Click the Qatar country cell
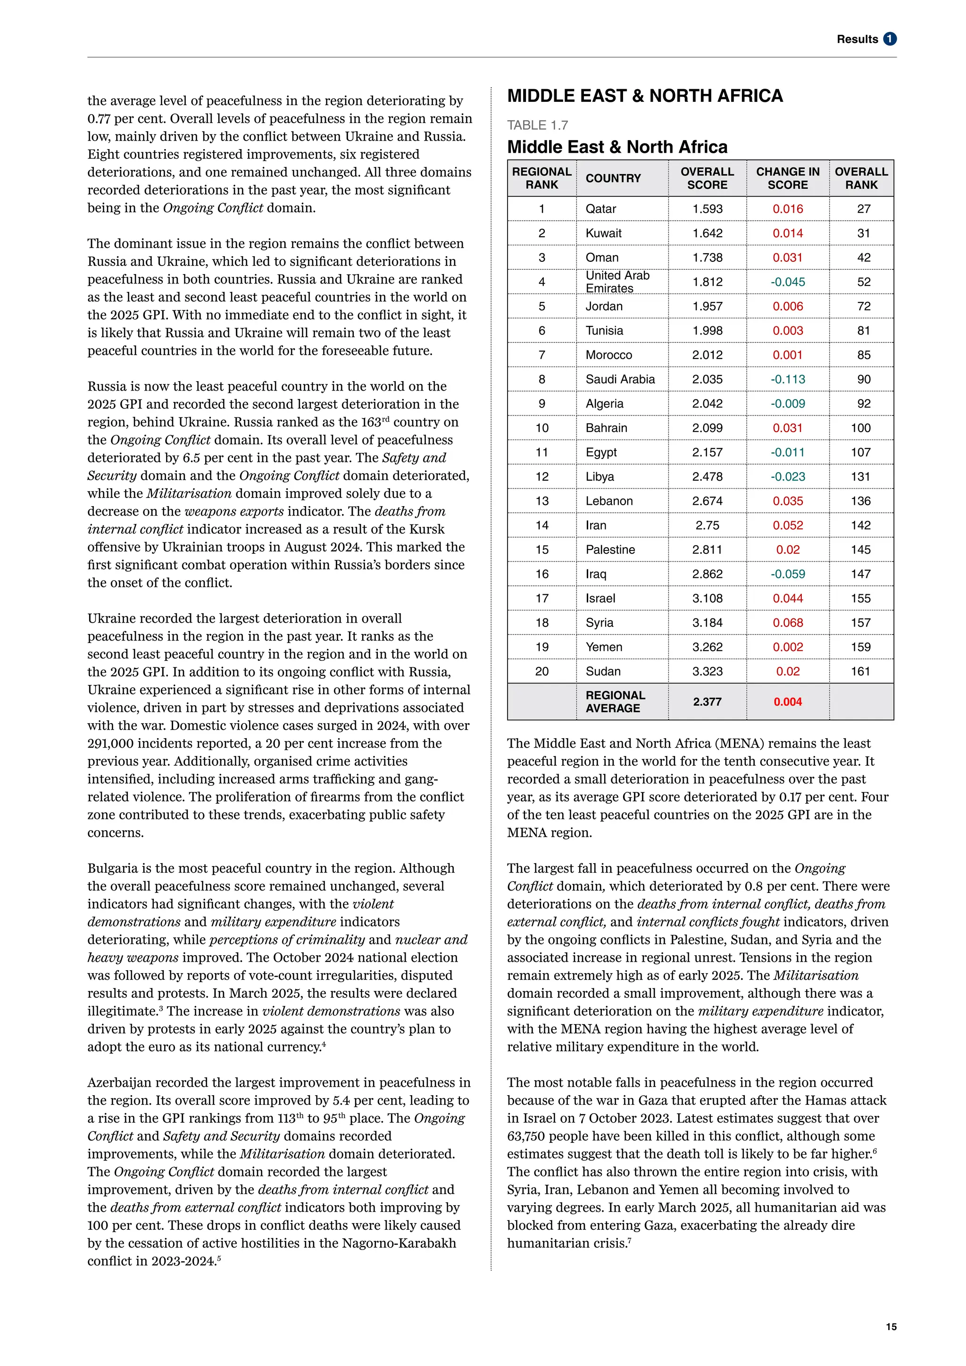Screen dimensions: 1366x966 point(601,209)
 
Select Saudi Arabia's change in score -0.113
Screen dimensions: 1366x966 point(788,379)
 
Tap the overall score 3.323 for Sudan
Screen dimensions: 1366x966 point(707,671)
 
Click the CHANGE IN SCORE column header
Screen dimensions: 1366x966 point(788,178)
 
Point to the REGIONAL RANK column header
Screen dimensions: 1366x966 point(541,178)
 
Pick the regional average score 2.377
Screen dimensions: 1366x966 point(707,701)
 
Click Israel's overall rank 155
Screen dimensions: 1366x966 point(860,598)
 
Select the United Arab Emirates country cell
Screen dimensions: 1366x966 point(617,282)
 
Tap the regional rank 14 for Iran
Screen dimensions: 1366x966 point(541,525)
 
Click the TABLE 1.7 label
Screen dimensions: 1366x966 point(537,125)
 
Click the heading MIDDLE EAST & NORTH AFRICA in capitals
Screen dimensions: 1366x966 point(645,96)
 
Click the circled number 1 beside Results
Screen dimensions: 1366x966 point(890,39)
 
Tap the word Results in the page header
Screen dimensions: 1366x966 point(857,39)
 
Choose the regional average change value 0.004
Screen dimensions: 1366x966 point(788,701)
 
